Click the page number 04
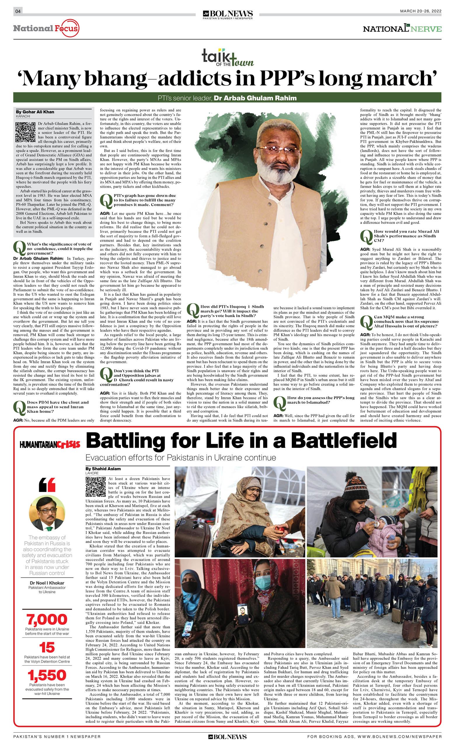[x=18, y=11]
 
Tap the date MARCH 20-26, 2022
[x=421, y=11]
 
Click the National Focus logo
[x=46, y=29]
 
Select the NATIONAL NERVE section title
[x=402, y=29]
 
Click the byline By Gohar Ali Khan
[x=35, y=112]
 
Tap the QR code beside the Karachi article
[x=25, y=132]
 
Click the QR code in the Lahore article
[x=95, y=487]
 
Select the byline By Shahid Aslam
[x=103, y=469]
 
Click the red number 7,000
[x=47, y=619]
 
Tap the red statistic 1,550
[x=47, y=675]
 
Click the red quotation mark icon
[x=47, y=485]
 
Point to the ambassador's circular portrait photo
[x=47, y=513]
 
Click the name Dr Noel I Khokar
[x=47, y=583]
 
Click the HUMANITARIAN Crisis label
[x=50, y=445]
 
